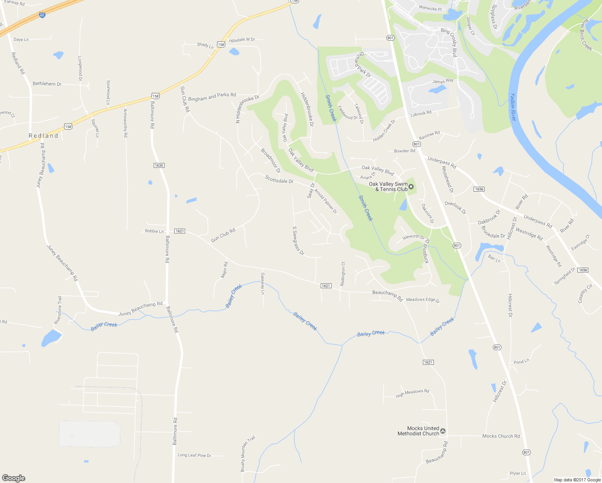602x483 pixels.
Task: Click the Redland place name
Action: point(43,136)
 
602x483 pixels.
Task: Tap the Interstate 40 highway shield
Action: point(42,15)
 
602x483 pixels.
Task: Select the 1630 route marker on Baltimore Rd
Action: point(159,165)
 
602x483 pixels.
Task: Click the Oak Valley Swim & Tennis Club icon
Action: point(411,186)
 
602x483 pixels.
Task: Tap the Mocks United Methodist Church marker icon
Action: point(443,431)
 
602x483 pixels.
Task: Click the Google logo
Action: point(14,478)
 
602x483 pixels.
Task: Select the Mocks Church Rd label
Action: point(501,436)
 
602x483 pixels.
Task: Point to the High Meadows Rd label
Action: point(412,393)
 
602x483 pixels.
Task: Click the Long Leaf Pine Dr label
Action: point(194,455)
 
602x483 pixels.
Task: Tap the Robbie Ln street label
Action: point(154,231)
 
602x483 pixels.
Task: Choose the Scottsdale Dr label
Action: point(279,179)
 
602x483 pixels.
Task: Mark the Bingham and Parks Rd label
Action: point(212,97)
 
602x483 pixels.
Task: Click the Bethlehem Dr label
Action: point(47,84)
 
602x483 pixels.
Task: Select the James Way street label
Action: point(443,81)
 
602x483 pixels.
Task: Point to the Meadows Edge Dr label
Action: point(423,300)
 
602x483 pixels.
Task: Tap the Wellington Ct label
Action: point(343,274)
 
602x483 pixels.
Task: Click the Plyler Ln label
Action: point(517,473)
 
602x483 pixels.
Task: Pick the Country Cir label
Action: point(586,293)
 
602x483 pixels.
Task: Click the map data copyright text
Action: point(577,480)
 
